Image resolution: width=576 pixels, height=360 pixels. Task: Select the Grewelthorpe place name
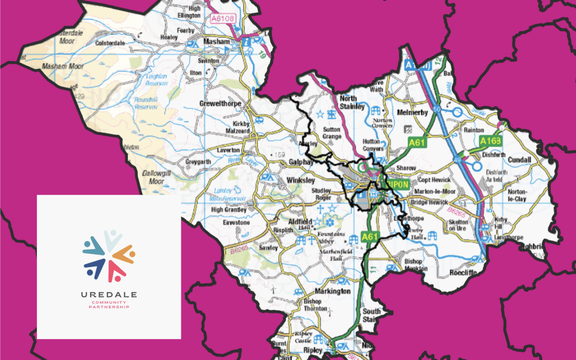pos(220,103)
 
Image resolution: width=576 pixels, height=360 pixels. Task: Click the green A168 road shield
pos(490,141)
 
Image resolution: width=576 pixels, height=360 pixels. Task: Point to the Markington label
pos(330,291)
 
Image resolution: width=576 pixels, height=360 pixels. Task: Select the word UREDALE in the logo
pos(109,294)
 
